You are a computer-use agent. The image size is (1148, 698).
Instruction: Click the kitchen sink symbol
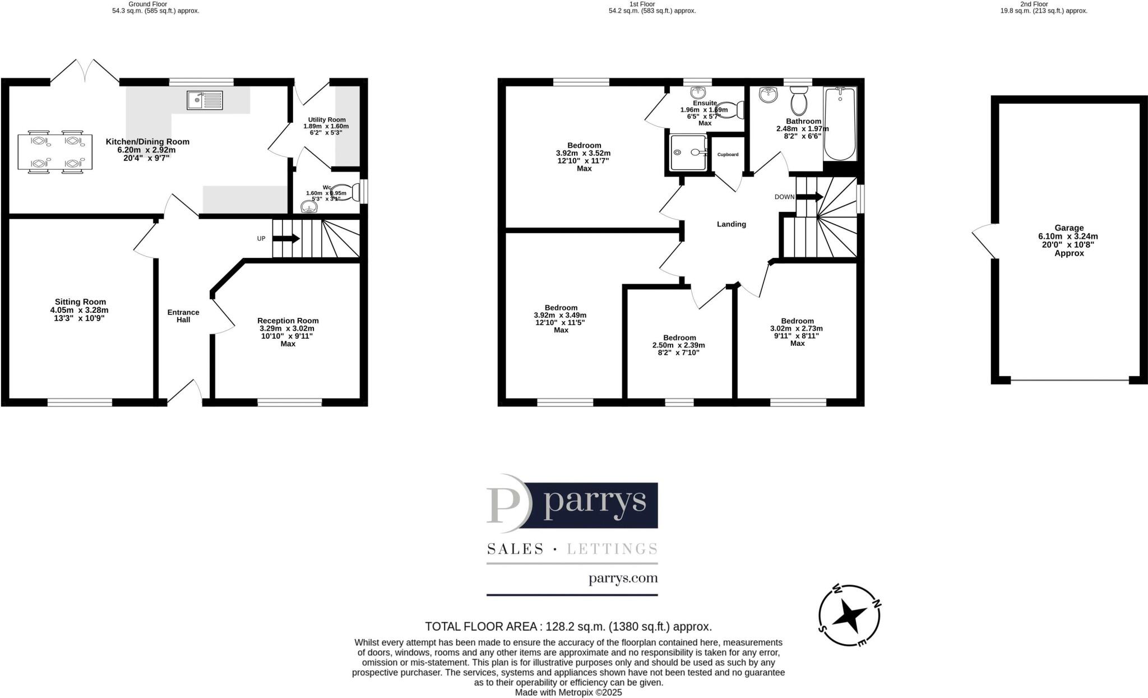205,100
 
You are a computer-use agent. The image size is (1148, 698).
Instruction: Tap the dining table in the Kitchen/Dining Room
54,151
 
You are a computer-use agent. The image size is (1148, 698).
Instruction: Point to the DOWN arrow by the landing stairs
809,197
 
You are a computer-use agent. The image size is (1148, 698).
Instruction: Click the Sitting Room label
80,302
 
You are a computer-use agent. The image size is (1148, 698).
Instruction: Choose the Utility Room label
326,119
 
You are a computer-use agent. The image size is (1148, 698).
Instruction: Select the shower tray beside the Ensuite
686,152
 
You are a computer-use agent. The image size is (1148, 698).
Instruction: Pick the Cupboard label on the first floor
728,154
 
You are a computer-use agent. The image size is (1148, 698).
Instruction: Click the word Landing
732,224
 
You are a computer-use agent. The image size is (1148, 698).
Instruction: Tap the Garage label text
1068,228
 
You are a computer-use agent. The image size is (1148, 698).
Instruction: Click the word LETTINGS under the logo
612,549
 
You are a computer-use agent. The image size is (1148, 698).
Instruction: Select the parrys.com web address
623,578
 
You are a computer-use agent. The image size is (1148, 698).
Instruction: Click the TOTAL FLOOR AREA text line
568,626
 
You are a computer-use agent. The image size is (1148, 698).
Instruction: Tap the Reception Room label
288,321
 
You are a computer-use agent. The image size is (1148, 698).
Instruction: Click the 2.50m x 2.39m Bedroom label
679,338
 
